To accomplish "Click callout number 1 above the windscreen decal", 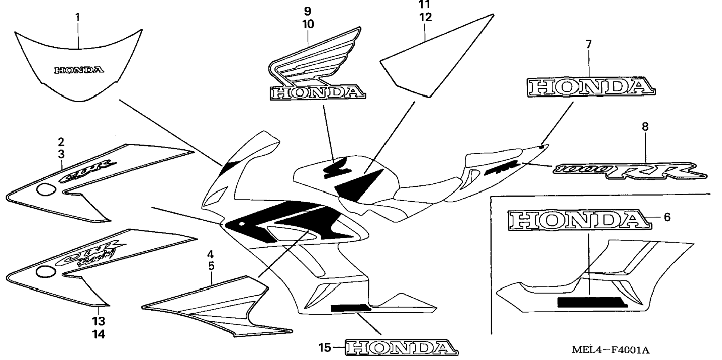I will [x=77, y=17].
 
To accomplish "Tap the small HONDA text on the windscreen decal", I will [x=79, y=70].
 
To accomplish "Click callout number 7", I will [x=589, y=44].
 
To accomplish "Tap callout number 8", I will [x=645, y=127].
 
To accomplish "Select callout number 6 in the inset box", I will [x=667, y=217].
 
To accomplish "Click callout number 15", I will [x=325, y=348].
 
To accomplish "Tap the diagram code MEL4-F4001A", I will [x=610, y=350].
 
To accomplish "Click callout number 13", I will [x=99, y=321].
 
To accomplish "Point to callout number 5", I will [x=211, y=266].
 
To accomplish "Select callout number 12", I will [x=425, y=17].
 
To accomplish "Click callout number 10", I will [x=308, y=24].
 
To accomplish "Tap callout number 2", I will [x=61, y=142].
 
